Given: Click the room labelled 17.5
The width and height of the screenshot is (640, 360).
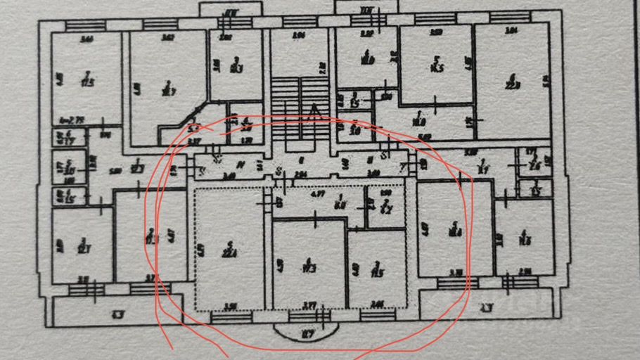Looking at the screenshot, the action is [x=87, y=81].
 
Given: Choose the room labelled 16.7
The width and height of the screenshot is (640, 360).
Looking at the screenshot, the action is [x=167, y=87].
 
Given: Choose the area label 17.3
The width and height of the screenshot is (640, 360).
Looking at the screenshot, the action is [x=308, y=266].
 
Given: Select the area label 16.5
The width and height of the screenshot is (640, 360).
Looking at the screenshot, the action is [x=436, y=67].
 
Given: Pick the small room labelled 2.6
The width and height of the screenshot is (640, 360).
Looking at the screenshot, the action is [x=534, y=164].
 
